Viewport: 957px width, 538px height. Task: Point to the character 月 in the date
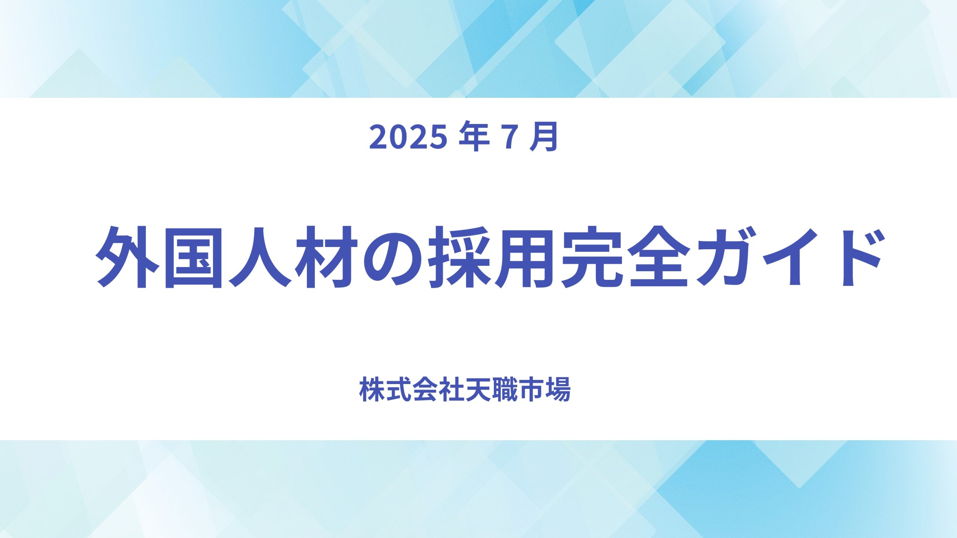tap(544, 137)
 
